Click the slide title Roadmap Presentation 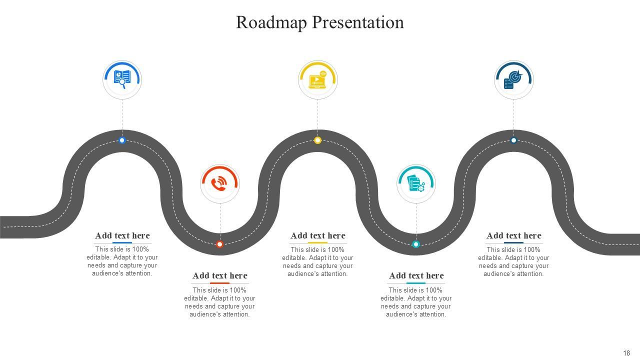click(319, 22)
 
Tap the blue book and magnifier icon click(122, 78)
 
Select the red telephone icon click(220, 183)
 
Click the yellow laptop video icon click(317, 79)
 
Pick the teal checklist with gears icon click(416, 183)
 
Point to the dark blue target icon click(513, 79)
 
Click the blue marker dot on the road click(122, 140)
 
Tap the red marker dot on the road click(219, 244)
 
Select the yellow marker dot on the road click(317, 140)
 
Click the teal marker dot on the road click(415, 244)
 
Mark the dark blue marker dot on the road click(513, 140)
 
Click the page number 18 click(626, 353)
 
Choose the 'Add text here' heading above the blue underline click(122, 235)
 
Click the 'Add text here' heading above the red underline click(220, 275)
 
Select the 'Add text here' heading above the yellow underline click(318, 235)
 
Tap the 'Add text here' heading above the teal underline click(416, 275)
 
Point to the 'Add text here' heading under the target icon click(513, 235)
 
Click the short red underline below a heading click(219, 283)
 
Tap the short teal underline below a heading click(415, 283)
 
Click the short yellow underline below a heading click(317, 243)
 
